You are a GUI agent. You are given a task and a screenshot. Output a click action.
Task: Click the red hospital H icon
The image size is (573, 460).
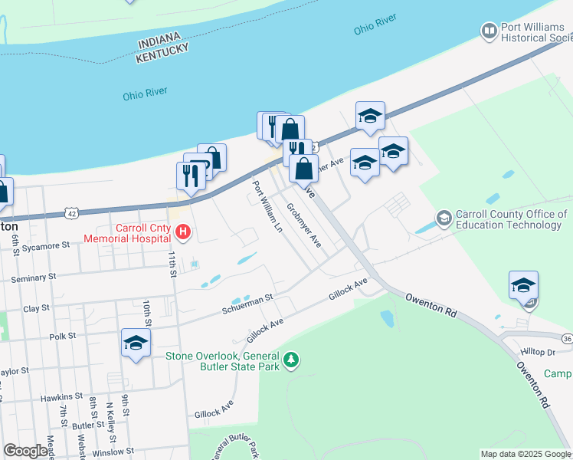coord(182,231)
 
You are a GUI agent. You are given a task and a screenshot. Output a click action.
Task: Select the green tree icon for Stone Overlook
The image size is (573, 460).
coord(290,359)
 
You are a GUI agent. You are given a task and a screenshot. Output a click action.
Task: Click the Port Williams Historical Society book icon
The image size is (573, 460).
coord(488,31)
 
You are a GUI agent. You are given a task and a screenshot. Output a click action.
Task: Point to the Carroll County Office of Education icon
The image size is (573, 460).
coord(443,219)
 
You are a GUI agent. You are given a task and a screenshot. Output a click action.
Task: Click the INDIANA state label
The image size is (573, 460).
coord(162,38)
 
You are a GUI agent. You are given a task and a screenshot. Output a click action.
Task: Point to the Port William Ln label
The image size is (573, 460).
coord(267,206)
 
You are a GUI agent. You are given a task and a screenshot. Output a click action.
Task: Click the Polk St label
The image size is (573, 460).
coord(62,336)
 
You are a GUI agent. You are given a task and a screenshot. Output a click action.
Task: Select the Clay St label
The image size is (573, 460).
coord(36,307)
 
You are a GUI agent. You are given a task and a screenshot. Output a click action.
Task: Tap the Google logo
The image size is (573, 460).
coord(25,451)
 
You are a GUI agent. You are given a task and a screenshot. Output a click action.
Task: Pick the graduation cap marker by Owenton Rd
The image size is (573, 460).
coord(523,285)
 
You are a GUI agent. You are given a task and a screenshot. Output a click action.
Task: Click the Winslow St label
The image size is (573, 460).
coord(113,451)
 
